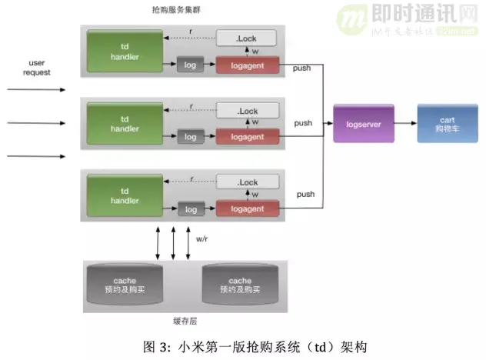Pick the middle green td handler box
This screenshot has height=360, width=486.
tap(124, 124)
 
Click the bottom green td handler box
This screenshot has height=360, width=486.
tap(124, 196)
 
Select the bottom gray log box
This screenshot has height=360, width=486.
tap(191, 208)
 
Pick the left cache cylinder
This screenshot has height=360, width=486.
tap(124, 285)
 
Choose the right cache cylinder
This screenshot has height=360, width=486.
tap(239, 285)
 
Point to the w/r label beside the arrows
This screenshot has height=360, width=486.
tap(202, 239)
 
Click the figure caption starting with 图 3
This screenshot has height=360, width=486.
tap(245, 345)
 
